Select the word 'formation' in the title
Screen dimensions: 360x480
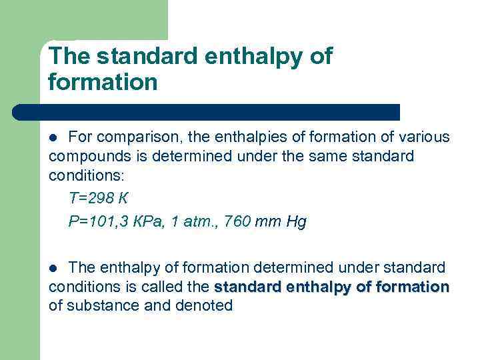(103, 83)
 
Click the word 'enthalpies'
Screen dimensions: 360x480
(254, 138)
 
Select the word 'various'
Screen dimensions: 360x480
(424, 137)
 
